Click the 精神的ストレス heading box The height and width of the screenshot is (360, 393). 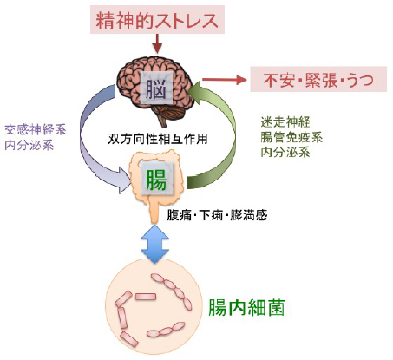pos(157,20)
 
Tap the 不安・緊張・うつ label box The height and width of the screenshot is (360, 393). pos(318,79)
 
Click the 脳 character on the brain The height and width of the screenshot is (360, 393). pos(156,88)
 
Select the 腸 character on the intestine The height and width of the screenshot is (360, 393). pos(156,180)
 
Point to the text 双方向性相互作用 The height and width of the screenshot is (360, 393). pos(158,139)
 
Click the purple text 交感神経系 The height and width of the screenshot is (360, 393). pos(36,130)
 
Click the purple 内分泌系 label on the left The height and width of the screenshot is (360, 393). pos(29,145)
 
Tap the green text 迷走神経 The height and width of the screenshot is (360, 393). pos(285,122)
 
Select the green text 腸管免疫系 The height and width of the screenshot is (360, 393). pos(291,137)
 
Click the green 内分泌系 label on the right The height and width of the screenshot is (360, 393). pos(285,152)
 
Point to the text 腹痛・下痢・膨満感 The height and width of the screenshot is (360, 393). pos(217,215)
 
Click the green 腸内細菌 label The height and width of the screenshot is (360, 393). pos(246,307)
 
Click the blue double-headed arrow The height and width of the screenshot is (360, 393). pos(154,244)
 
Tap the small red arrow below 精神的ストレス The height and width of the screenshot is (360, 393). pos(157,43)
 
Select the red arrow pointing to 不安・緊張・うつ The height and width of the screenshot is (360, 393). pos(225,79)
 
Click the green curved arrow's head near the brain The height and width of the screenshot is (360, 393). pos(198,93)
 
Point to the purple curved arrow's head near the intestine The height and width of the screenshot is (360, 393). pos(123,180)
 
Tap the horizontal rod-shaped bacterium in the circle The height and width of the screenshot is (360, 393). pos(146,297)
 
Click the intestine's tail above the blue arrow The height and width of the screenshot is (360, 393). pos(154,211)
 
